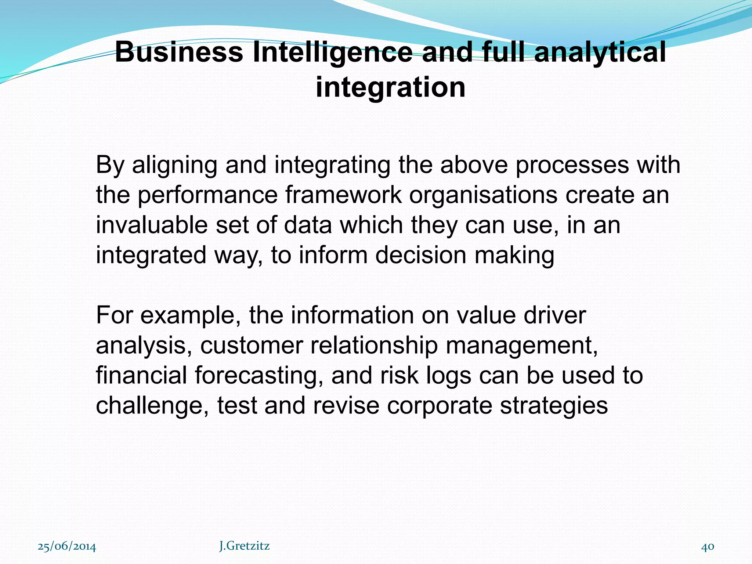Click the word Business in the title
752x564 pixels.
(179, 52)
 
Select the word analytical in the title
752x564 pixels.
(600, 52)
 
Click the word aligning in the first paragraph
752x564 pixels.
(174, 165)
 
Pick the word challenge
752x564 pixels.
(152, 406)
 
